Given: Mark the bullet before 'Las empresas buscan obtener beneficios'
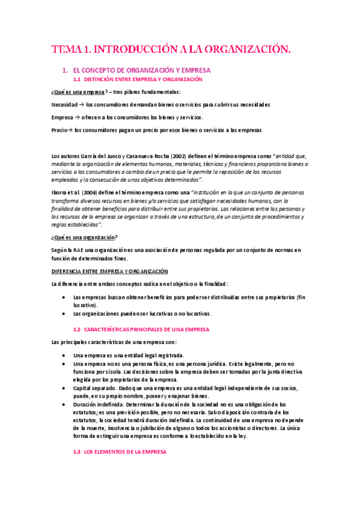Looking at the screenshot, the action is [x=64, y=297].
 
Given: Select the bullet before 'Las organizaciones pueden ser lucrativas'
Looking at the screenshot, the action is [x=64, y=313].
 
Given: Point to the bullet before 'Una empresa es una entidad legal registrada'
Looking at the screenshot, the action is [x=64, y=355].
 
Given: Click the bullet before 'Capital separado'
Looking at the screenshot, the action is [x=64, y=389].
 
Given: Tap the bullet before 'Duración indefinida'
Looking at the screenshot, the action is [x=64, y=405].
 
